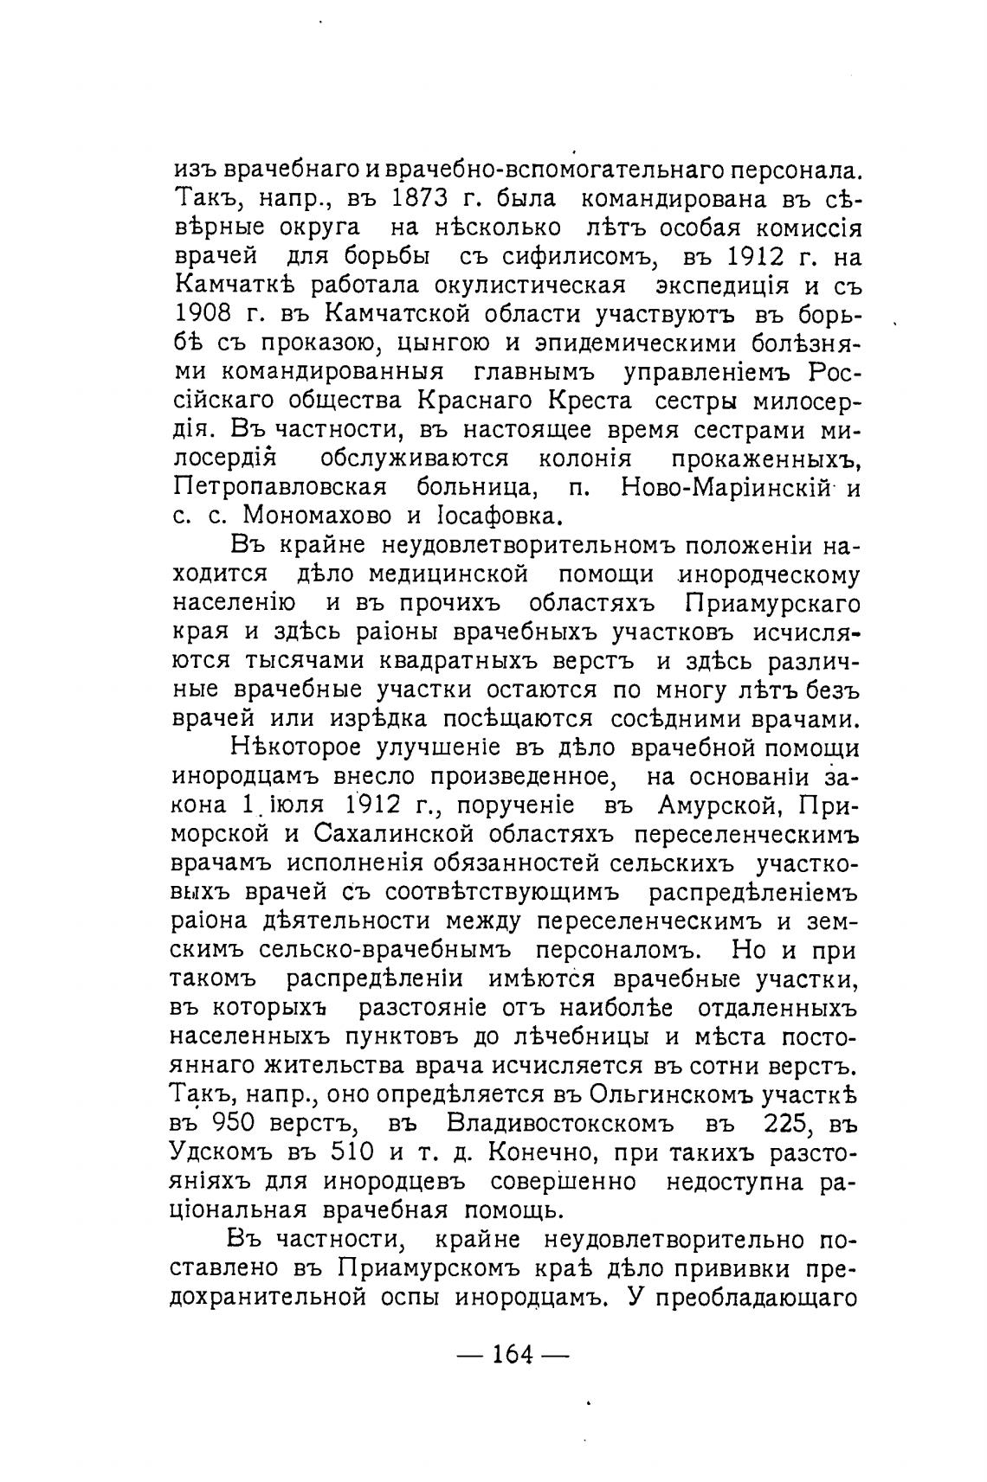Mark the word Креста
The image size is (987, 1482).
tap(589, 401)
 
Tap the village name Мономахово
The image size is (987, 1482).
tap(317, 516)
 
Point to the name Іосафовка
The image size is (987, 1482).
tap(487, 516)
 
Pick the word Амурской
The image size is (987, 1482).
tap(720, 805)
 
